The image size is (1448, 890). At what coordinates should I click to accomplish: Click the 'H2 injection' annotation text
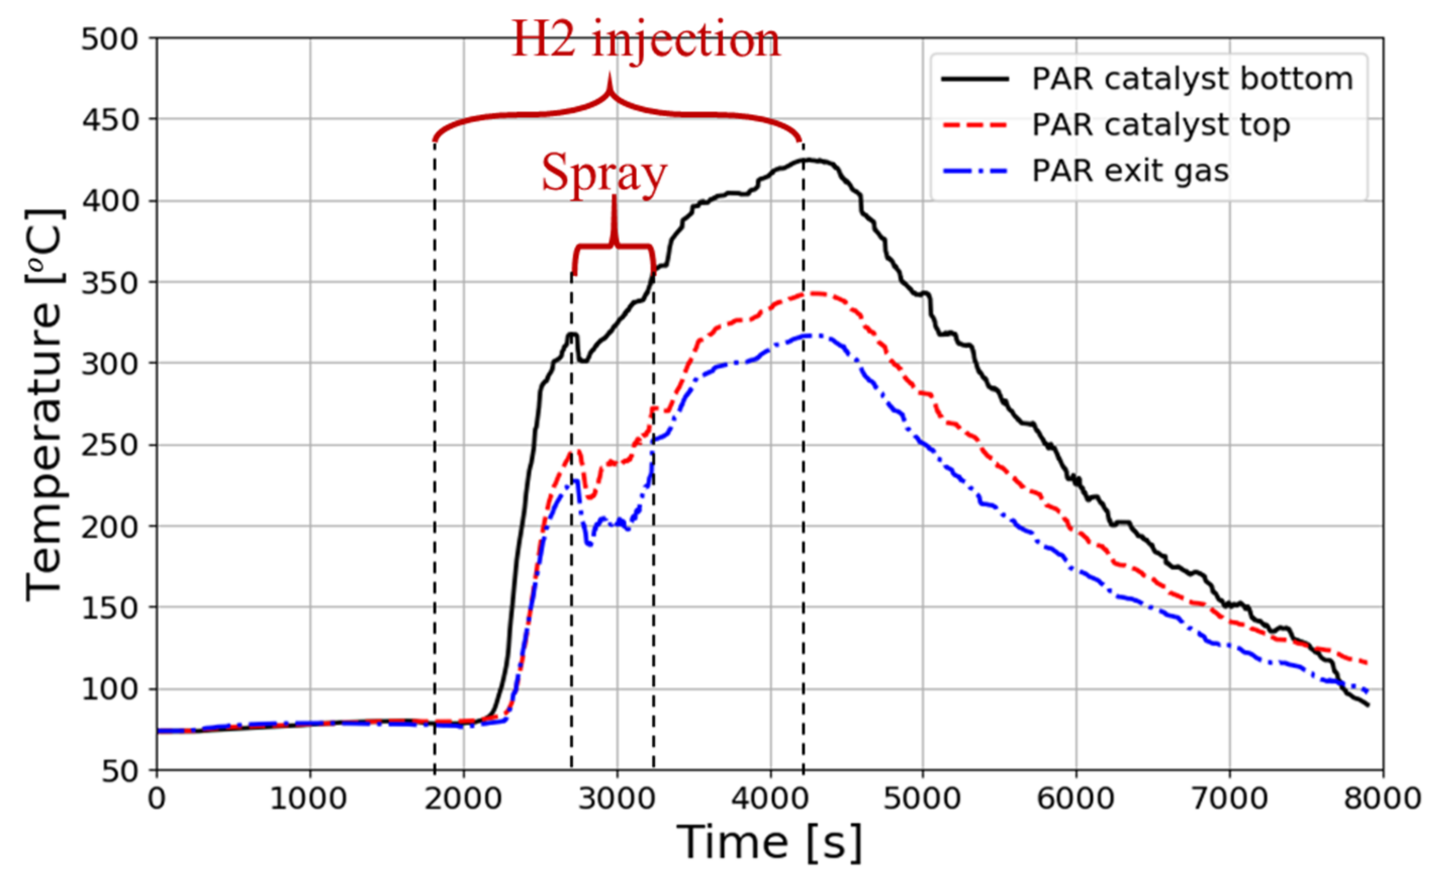click(x=646, y=40)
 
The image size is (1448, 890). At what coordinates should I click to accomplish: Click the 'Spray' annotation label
click(x=604, y=174)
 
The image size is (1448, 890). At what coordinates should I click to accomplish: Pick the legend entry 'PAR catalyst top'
click(x=1161, y=125)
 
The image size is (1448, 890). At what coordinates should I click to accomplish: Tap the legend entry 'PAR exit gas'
click(x=1130, y=171)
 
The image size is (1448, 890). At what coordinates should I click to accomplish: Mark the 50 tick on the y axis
click(x=120, y=771)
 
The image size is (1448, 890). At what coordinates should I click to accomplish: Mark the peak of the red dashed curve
click(x=815, y=293)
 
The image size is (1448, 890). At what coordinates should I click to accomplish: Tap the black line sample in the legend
click(x=975, y=79)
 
